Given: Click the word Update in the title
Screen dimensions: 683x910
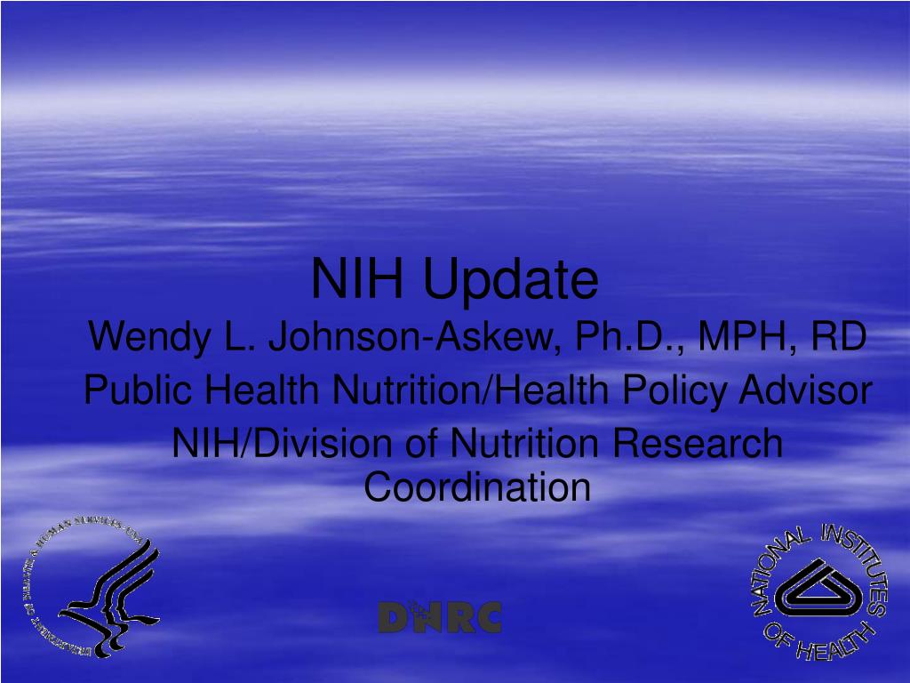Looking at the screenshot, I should [510, 280].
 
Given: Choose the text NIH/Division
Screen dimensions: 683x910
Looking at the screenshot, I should [267, 444].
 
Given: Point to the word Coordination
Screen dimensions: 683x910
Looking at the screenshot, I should [478, 486].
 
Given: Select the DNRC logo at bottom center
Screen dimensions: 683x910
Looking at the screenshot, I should [440, 617].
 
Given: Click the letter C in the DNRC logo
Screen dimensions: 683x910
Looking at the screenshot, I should [488, 617].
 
